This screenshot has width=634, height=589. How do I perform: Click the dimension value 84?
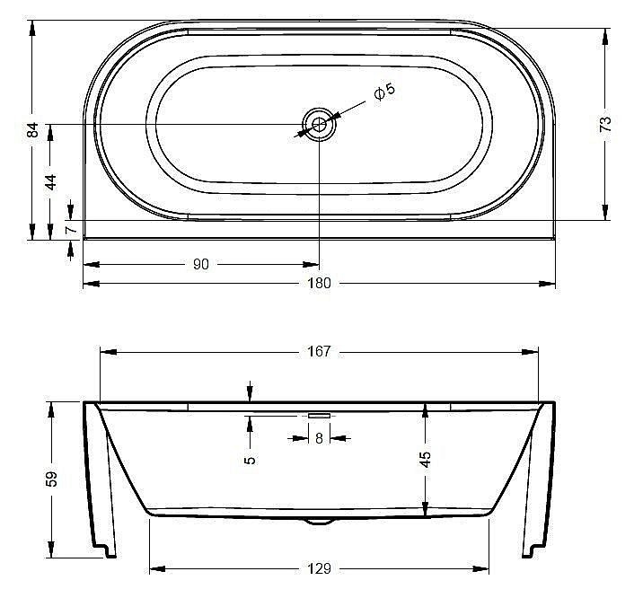[x=32, y=130]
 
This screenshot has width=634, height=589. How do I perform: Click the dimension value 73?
[x=605, y=124]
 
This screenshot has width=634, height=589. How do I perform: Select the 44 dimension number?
[x=50, y=182]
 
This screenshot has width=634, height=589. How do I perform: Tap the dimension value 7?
[x=71, y=230]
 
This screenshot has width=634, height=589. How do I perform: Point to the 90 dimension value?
[x=201, y=264]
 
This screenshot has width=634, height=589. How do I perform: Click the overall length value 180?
[x=320, y=283]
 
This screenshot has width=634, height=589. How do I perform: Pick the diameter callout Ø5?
[x=384, y=92]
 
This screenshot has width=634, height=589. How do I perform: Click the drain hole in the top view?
[x=320, y=124]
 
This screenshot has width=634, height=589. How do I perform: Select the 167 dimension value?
[x=320, y=351]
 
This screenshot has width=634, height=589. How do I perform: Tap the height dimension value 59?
[x=52, y=479]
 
